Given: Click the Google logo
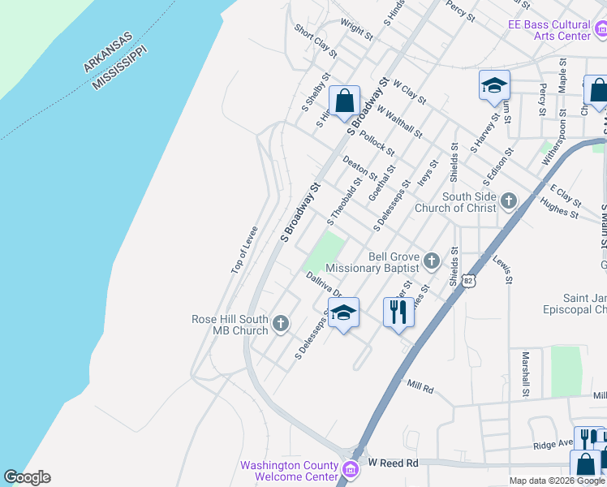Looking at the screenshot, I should tap(27, 477).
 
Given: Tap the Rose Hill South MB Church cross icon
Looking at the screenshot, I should tap(281, 325).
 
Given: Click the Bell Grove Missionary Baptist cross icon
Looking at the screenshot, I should tap(431, 261).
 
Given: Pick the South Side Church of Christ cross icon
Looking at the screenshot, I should tap(508, 200).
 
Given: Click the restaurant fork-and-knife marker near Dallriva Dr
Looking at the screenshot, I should tap(398, 311).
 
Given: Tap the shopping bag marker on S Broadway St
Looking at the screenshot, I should tap(344, 101).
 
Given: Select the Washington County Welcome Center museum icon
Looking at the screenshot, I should tap(350, 469).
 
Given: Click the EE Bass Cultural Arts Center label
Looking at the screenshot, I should tap(549, 30).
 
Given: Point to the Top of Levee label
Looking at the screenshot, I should tap(243, 249).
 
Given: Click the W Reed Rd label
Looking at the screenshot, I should tap(392, 463).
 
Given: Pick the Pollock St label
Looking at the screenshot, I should tap(377, 143).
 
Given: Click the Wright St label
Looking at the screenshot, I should tap(356, 31).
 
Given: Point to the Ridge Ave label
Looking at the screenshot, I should tap(553, 445).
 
